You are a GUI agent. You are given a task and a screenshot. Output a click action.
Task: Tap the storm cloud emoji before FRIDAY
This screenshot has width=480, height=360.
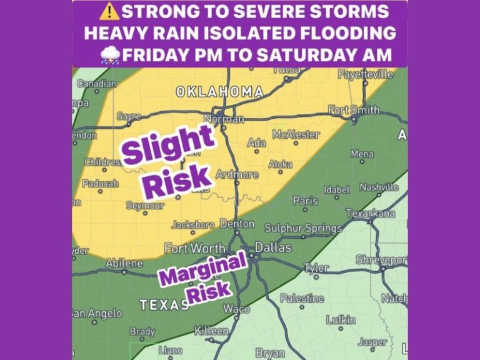click(x=110, y=55)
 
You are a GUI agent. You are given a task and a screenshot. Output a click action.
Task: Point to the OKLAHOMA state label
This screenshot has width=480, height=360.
click(x=219, y=92)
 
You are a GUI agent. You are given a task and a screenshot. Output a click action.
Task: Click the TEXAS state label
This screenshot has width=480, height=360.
click(x=164, y=304)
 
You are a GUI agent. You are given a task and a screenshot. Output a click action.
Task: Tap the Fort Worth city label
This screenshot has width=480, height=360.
click(x=194, y=248)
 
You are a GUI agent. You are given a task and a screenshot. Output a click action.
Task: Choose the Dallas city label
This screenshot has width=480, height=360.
click(x=273, y=247)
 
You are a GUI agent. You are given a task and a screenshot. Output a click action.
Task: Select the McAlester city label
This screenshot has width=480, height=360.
click(x=296, y=134)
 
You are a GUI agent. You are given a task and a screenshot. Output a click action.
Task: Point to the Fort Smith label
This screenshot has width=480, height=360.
click(x=354, y=110)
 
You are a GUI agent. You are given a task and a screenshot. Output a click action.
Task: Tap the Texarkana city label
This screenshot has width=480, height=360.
click(x=371, y=214)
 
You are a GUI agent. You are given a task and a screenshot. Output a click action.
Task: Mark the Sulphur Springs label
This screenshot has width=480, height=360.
click(x=303, y=228)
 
